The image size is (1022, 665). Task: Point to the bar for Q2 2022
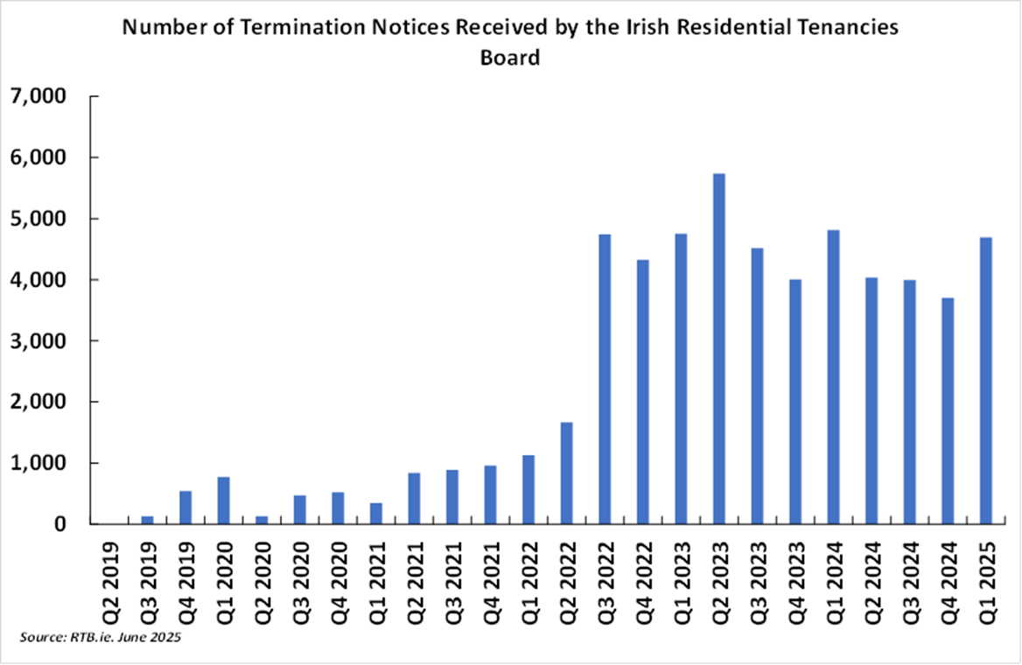coord(567,473)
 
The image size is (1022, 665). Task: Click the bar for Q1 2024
coord(834,377)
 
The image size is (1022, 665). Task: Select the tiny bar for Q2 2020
coord(262,520)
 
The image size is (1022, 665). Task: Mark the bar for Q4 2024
coord(948,410)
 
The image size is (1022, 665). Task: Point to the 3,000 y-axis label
coord(38,341)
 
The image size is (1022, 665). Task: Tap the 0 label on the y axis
coord(59,524)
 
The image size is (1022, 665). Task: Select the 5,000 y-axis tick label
coord(38,219)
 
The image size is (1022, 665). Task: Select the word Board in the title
coord(510,58)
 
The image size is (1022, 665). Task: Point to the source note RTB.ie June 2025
coord(100,638)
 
